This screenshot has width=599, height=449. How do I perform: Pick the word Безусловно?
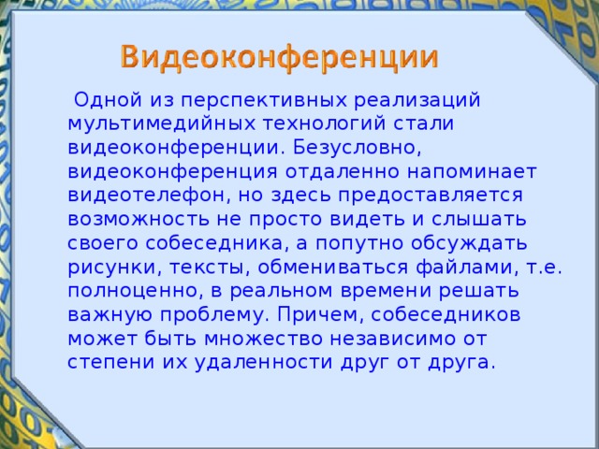359,147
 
